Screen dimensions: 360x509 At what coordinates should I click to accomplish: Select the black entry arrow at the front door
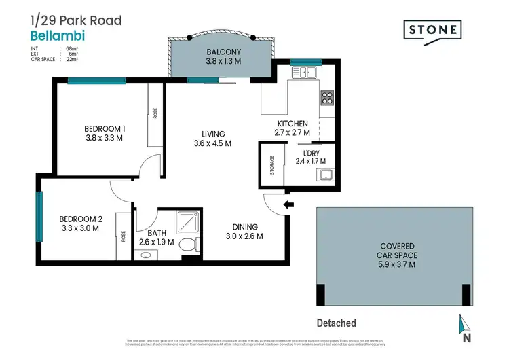pyautogui.click(x=288, y=204)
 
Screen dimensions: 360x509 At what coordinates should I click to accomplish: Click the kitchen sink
pyautogui.click(x=307, y=73)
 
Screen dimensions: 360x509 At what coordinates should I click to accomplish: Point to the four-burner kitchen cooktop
pyautogui.click(x=326, y=97)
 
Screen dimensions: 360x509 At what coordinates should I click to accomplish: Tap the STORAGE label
pyautogui.click(x=271, y=164)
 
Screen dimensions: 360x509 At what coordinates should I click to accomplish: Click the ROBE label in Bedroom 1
pyautogui.click(x=155, y=113)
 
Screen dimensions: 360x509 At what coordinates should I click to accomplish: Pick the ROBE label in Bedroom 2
pyautogui.click(x=123, y=236)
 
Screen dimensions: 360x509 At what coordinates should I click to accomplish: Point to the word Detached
pyautogui.click(x=336, y=323)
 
